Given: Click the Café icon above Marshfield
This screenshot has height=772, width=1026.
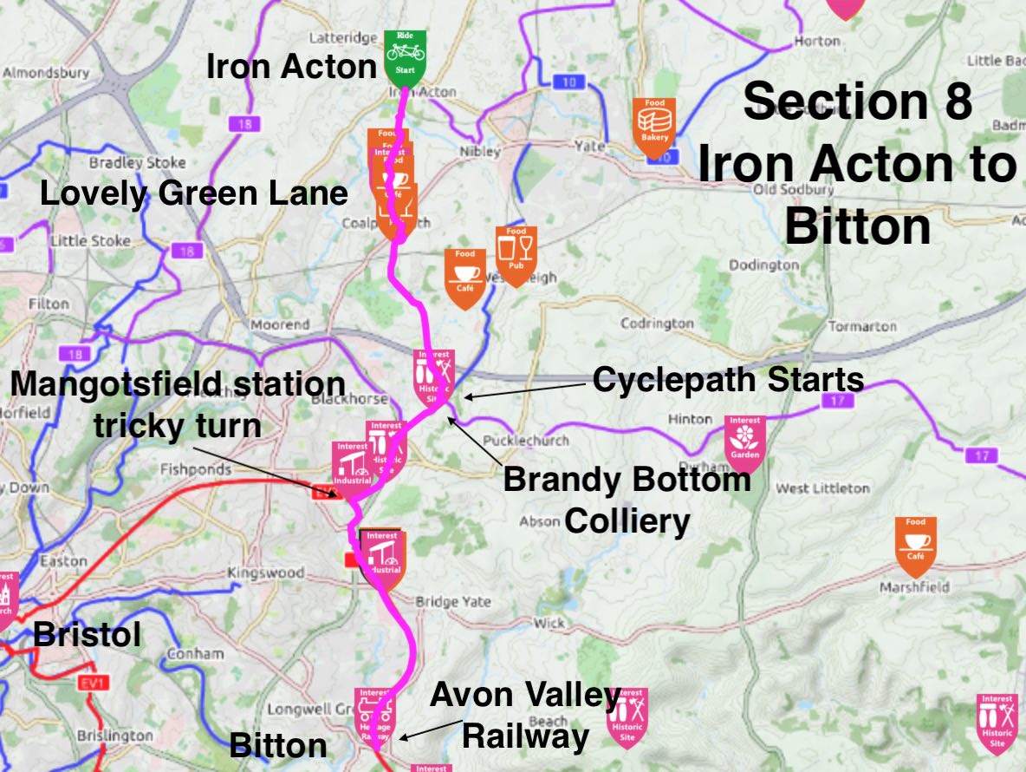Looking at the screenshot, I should pos(916,544).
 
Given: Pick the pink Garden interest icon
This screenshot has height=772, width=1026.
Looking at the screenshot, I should pos(744,442).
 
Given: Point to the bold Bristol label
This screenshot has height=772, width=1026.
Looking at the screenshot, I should pos(87,635).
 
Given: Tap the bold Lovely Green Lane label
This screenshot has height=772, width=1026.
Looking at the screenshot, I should pos(194,193).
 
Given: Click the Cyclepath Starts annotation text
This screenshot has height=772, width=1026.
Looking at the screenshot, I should pos(728,380).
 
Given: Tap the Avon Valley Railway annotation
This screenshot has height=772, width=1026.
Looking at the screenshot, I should pos(525,716).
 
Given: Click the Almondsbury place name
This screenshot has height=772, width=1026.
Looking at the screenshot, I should pos(46,73).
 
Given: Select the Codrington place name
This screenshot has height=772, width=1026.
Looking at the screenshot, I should pos(657,324).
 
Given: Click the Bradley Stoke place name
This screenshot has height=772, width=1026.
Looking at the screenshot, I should pos(137,163).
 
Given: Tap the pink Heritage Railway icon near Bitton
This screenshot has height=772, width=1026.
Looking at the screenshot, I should pos(375,715).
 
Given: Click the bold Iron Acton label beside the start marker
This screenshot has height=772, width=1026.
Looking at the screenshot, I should pos(290,67).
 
